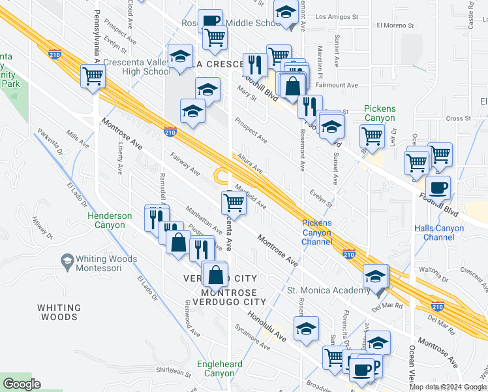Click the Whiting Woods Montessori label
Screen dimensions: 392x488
pos(106,263)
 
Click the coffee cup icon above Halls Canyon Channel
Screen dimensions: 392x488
pos(438,188)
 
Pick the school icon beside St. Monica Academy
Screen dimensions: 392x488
pos(376,275)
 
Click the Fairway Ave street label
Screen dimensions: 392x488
pos(185,165)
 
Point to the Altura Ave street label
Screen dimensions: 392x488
pos(250,163)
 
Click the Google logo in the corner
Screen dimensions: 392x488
pos(22,384)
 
